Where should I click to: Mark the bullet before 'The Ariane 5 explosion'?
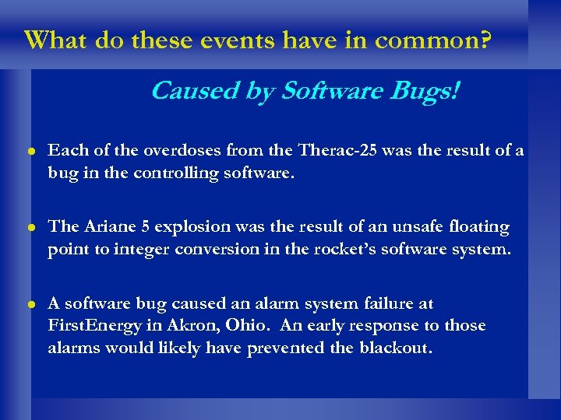coord(30,228)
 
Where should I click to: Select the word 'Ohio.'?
coord(238,324)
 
